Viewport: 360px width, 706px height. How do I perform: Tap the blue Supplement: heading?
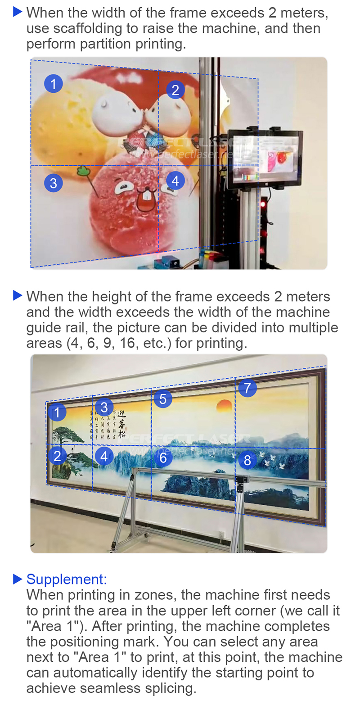pos(67,579)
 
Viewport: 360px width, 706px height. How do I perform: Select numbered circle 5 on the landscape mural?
pos(163,399)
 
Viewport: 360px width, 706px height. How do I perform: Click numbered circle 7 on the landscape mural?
pos(247,388)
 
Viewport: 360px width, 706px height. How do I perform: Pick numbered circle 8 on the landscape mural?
pos(247,460)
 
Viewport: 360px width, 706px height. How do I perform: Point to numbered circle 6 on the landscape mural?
pos(163,458)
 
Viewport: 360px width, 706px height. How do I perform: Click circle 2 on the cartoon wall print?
pos(175,90)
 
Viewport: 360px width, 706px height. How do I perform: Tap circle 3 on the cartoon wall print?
pos(54,183)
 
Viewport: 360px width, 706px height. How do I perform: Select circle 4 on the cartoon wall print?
pos(175,181)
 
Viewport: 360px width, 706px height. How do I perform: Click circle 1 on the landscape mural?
pos(57,412)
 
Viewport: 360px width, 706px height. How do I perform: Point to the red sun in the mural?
pos(224,406)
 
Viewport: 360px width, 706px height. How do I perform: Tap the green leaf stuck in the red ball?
pos(83,171)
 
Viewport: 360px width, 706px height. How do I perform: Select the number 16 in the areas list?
pos(127,343)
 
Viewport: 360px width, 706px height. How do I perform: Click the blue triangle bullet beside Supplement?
pos(18,579)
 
